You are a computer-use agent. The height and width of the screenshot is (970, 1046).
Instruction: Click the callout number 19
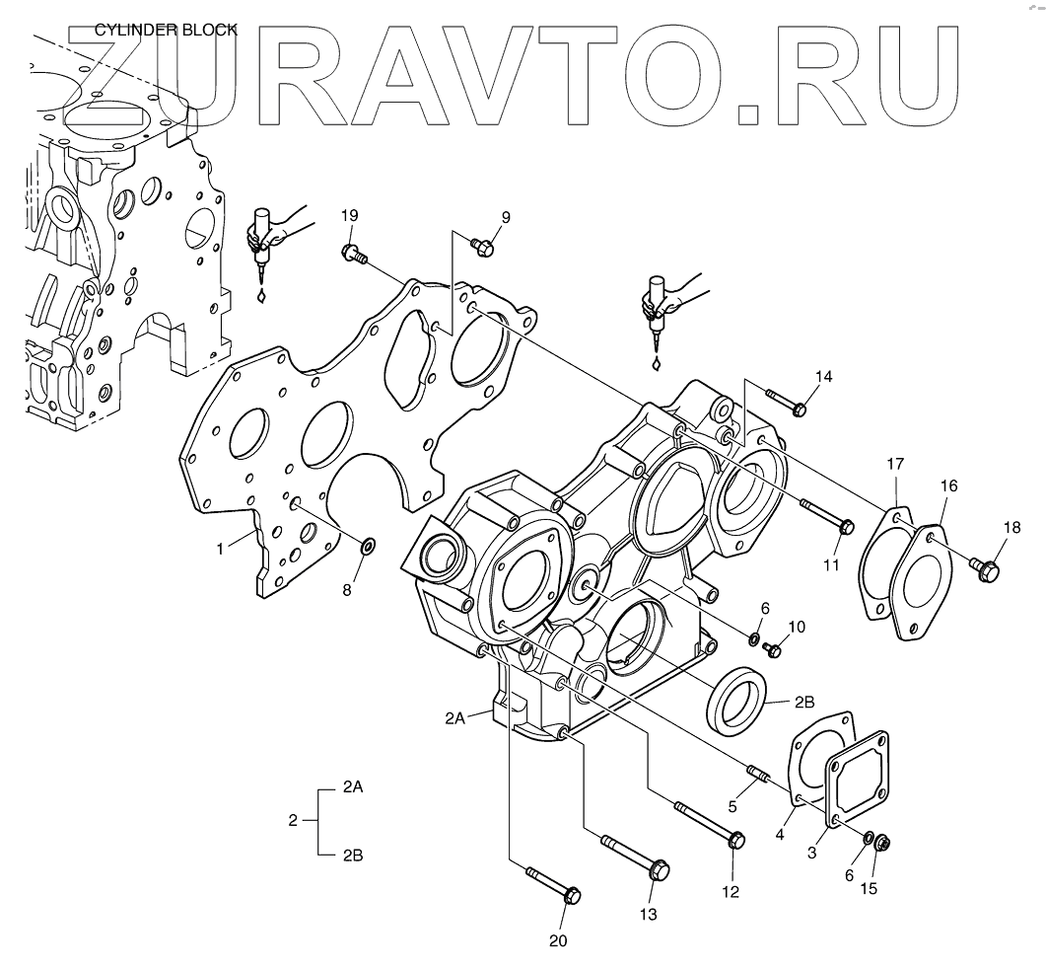pos(349,216)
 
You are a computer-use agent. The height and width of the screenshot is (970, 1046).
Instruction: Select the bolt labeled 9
pos(481,246)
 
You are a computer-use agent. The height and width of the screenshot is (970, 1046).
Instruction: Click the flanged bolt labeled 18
pos(985,568)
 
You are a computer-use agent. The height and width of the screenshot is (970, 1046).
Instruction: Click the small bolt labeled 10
pos(774,649)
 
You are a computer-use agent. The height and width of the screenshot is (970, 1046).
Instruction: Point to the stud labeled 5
pos(758,773)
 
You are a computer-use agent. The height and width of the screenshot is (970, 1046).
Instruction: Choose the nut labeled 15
pos(882,844)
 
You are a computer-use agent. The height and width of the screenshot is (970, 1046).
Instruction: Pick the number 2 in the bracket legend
pos(293,821)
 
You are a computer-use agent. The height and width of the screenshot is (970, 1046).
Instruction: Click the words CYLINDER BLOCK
pos(166,30)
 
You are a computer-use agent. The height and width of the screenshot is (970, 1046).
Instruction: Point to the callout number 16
pos(947,486)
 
